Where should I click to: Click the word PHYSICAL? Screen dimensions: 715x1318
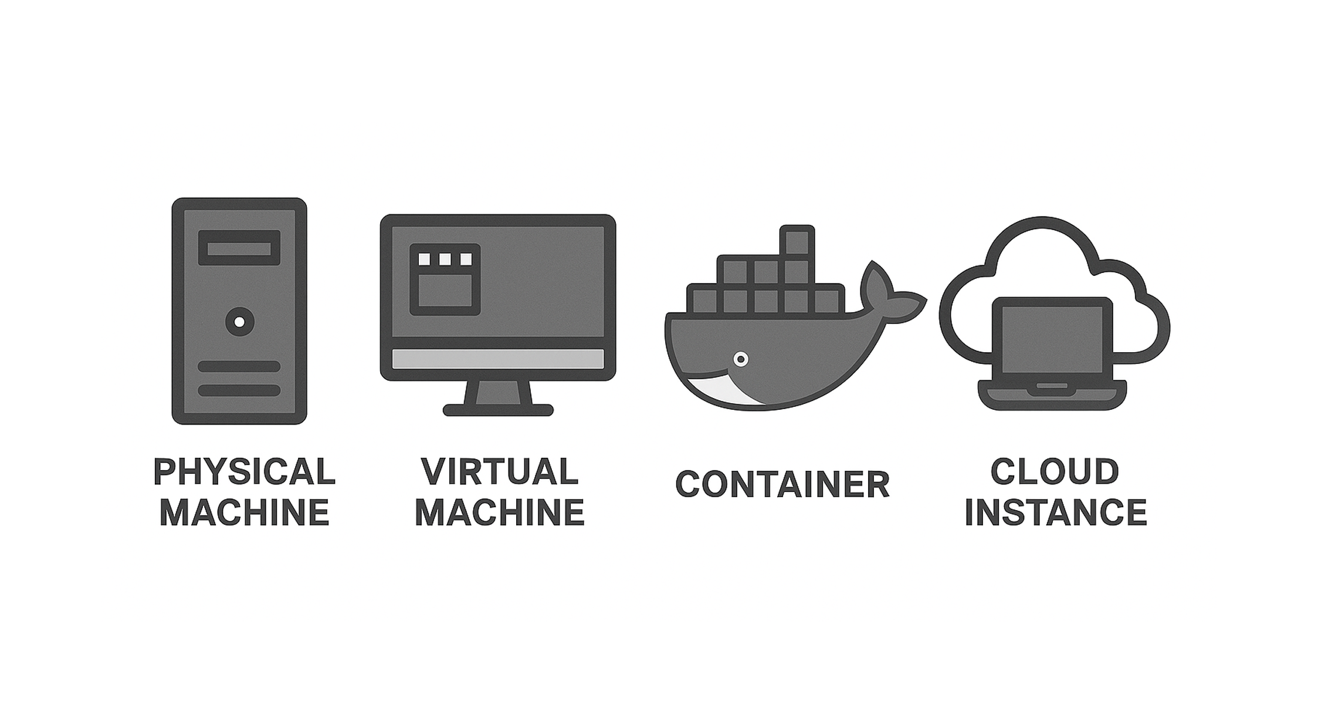pyautogui.click(x=244, y=471)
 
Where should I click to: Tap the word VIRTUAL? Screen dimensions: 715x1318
pyautogui.click(x=500, y=471)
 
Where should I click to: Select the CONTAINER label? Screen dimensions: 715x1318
pyautogui.click(x=782, y=485)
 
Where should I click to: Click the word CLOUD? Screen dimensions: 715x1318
pyautogui.click(x=1055, y=471)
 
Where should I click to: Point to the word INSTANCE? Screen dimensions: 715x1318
pyautogui.click(x=1056, y=512)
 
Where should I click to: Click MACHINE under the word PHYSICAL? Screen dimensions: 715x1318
pyautogui.click(x=244, y=512)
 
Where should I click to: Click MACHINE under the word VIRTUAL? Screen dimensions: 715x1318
pyautogui.click(x=500, y=512)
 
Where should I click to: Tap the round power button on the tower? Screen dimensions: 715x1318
pyautogui.click(x=239, y=322)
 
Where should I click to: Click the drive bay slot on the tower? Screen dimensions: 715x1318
pyautogui.click(x=239, y=248)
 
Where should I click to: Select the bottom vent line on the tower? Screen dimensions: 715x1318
pyautogui.click(x=239, y=390)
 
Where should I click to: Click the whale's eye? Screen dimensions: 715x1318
pyautogui.click(x=741, y=359)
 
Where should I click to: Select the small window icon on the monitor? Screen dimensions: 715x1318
pyautogui.click(x=445, y=280)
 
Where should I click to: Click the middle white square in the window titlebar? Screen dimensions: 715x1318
pyautogui.click(x=445, y=259)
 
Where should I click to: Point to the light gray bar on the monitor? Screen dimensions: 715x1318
pyautogui.click(x=497, y=359)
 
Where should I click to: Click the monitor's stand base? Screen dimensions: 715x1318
pyautogui.click(x=498, y=410)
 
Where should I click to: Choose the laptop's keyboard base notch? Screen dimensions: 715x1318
pyautogui.click(x=1052, y=386)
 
